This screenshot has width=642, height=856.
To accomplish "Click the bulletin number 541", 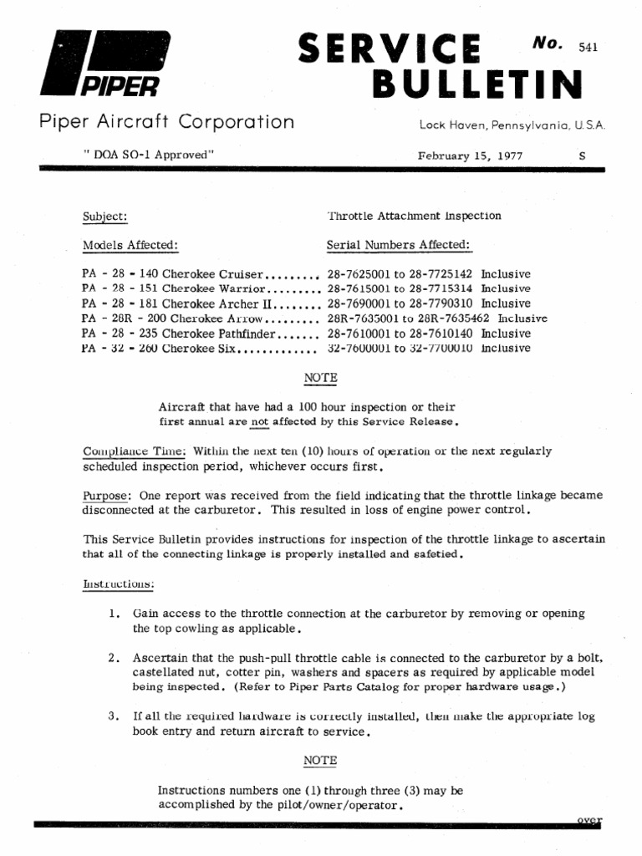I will [x=588, y=47].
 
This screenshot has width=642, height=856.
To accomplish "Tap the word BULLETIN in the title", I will [x=476, y=84].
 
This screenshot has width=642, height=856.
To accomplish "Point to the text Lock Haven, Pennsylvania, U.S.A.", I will [x=512, y=125].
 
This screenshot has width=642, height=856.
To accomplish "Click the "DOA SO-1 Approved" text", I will [x=146, y=155].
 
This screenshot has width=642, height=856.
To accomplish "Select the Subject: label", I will [x=104, y=217].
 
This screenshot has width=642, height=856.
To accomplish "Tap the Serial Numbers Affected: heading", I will [x=399, y=245].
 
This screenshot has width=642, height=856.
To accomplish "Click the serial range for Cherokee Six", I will [x=402, y=349].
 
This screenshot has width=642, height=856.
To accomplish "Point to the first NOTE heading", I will [x=320, y=378].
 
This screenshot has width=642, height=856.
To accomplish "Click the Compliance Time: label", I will [x=124, y=451].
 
